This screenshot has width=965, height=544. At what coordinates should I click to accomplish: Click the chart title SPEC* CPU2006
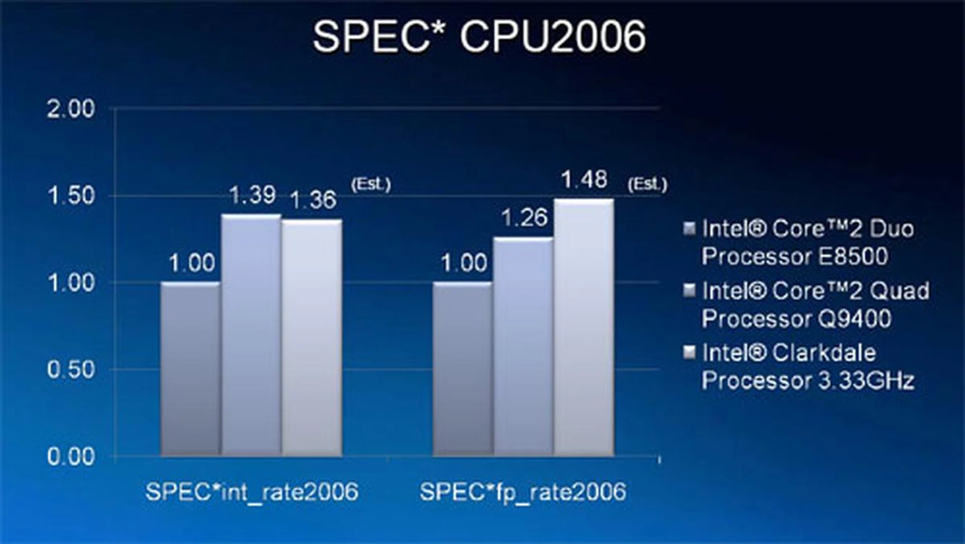[x=479, y=36]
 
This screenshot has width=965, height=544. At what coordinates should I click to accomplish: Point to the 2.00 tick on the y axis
[x=71, y=109]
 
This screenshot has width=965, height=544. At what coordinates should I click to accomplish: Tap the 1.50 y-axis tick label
[x=71, y=196]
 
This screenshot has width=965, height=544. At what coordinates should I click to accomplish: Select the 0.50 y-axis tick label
[x=71, y=370]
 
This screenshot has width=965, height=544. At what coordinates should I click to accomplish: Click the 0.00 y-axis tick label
[x=71, y=457]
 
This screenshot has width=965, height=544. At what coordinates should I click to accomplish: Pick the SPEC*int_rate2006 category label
[x=252, y=491]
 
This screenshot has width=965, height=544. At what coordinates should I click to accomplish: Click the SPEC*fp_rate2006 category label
[x=523, y=491]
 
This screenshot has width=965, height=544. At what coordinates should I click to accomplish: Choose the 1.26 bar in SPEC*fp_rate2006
[x=523, y=347]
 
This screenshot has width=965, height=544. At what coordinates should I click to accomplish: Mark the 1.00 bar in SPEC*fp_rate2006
[x=462, y=370]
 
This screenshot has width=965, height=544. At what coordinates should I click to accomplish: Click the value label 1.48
[x=584, y=179]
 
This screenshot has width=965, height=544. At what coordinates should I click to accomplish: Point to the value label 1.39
[x=252, y=195]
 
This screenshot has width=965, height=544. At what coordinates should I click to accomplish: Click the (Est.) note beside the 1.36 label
[x=371, y=184]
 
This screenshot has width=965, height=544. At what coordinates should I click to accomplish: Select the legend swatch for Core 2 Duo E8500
[x=690, y=228]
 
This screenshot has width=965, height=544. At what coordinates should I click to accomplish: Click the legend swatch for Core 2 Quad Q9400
[x=690, y=290]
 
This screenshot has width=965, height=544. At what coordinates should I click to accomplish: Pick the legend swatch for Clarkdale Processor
[x=690, y=352]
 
